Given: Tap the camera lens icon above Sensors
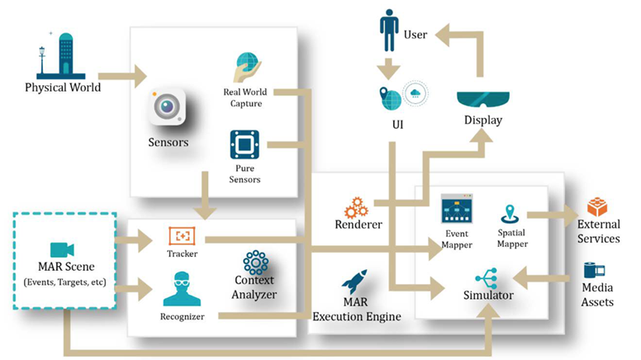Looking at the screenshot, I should tap(167, 107).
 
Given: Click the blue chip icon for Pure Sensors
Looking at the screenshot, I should tap(244, 145).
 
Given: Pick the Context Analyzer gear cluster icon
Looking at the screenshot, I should tap(256, 263).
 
